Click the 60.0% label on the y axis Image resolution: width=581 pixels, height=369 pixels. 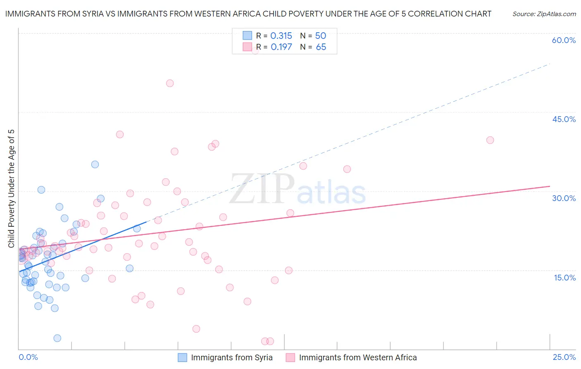[564, 40]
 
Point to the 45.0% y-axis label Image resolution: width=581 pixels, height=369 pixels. [564, 119]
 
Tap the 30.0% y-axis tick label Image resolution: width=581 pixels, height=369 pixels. [564, 198]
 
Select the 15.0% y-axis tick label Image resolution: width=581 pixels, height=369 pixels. [564, 278]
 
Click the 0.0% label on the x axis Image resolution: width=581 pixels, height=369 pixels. [28, 357]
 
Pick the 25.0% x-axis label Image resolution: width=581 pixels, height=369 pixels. [564, 357]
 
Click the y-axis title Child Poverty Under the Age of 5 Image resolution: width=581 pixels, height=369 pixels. [11, 189]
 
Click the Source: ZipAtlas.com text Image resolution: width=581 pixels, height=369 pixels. [544, 14]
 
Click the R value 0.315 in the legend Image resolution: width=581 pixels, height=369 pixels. [281, 36]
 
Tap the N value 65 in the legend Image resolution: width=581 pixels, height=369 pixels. [321, 47]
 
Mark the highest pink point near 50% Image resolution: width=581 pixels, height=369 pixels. [170, 83]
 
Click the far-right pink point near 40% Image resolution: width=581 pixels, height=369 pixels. [490, 140]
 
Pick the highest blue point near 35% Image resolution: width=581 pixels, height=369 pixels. [95, 164]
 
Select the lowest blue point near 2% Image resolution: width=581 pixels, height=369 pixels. [57, 338]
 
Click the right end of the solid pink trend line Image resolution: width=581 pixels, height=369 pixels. [550, 186]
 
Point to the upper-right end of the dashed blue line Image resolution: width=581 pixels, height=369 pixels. [550, 64]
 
